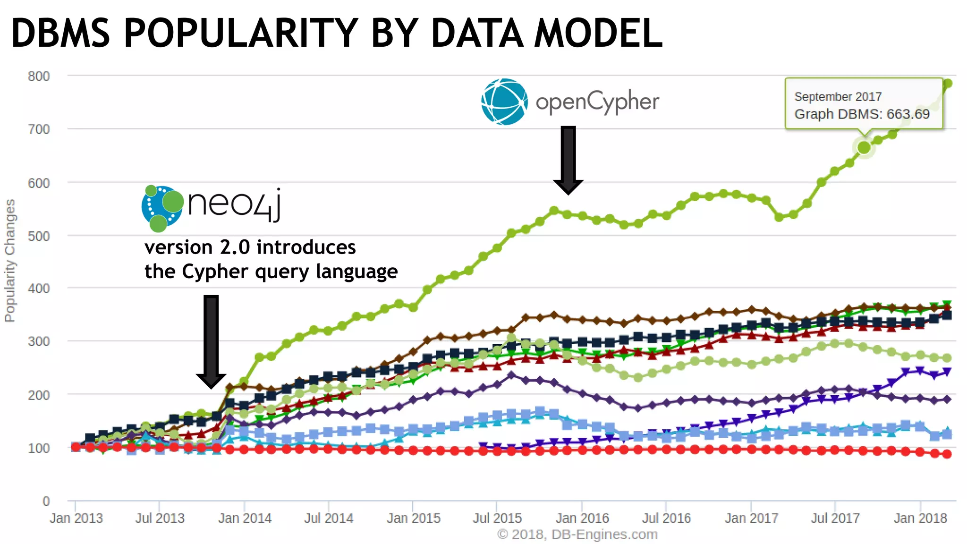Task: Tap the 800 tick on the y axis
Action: point(39,76)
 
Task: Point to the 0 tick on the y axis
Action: point(46,501)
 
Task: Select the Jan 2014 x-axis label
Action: point(245,518)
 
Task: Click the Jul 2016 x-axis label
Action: point(666,518)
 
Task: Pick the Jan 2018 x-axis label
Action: point(920,518)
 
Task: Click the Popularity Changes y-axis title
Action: point(10,261)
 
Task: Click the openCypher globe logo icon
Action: point(504,102)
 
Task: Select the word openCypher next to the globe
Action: point(597,102)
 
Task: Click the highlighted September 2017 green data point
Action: point(864,147)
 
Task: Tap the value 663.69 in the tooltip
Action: point(908,114)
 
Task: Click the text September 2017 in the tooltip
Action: point(838,97)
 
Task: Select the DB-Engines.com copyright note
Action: point(577,535)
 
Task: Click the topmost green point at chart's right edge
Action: point(947,84)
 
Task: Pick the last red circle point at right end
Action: point(947,454)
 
